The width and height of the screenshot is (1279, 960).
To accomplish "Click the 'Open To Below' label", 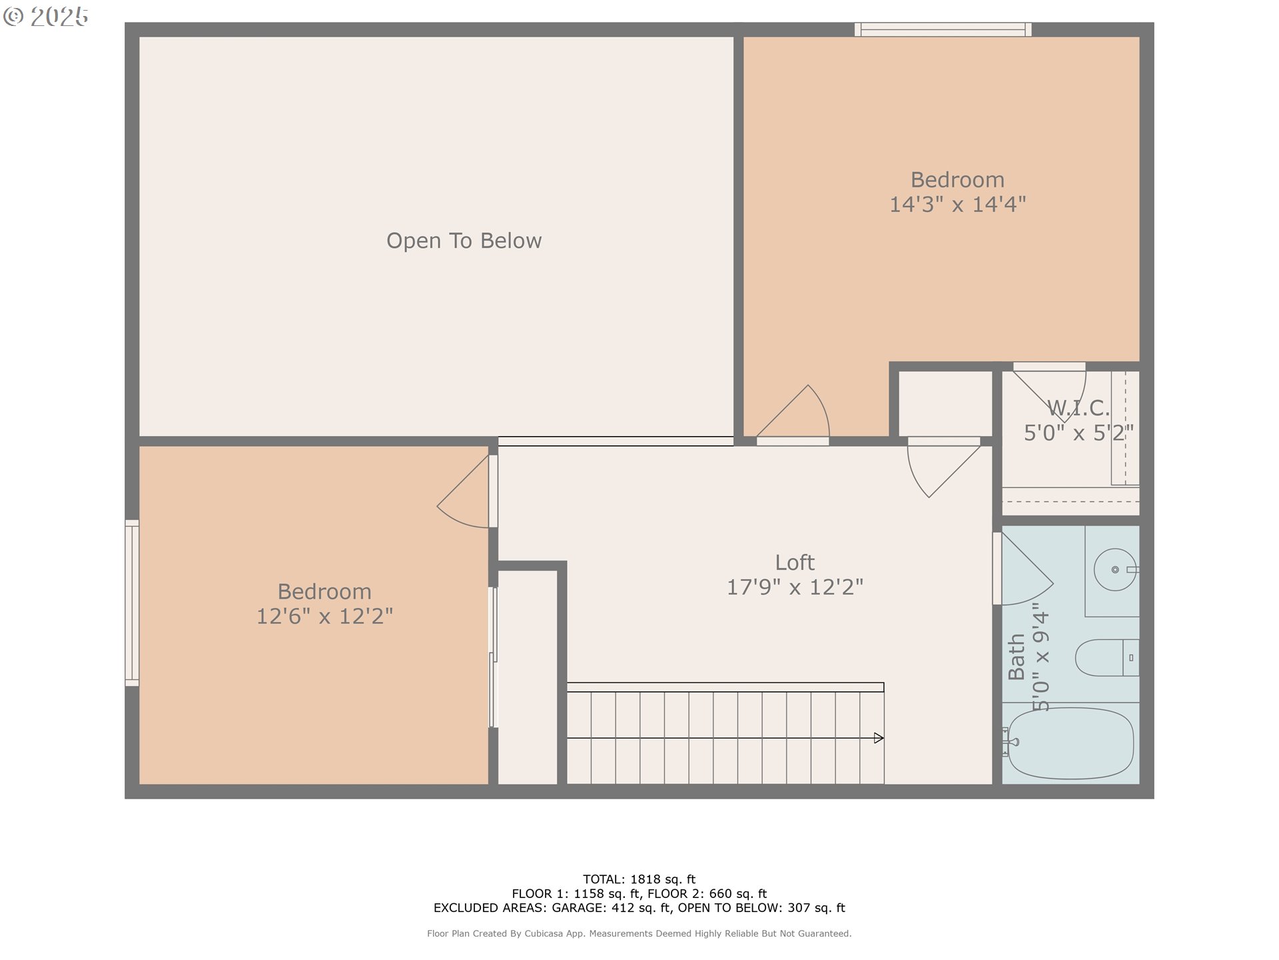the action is click(x=464, y=241).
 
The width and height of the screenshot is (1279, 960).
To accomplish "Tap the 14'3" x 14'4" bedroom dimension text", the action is click(x=958, y=204).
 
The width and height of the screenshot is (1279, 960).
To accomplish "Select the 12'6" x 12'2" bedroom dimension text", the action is click(x=324, y=616).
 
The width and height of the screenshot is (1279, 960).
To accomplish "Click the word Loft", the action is click(x=795, y=563).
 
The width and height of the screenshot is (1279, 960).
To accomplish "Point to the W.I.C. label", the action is click(x=1078, y=407).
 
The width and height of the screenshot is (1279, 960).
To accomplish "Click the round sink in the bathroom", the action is click(x=1115, y=569).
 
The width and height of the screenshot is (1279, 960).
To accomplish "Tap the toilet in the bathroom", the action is click(x=1107, y=658).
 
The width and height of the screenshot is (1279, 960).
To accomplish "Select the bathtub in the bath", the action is click(x=1070, y=743).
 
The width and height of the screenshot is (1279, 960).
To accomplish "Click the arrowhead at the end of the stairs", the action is click(x=879, y=738).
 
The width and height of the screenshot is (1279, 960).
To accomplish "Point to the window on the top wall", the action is click(x=943, y=29).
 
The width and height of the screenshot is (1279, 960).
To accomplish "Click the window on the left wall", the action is click(x=132, y=603).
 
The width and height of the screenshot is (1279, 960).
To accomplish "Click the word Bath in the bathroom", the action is click(x=1017, y=657).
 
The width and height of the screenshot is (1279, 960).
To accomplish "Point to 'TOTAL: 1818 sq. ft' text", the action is click(x=639, y=879).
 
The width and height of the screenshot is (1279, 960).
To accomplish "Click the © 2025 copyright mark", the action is click(x=46, y=17).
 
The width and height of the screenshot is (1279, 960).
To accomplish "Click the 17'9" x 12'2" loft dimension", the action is click(x=795, y=587).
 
